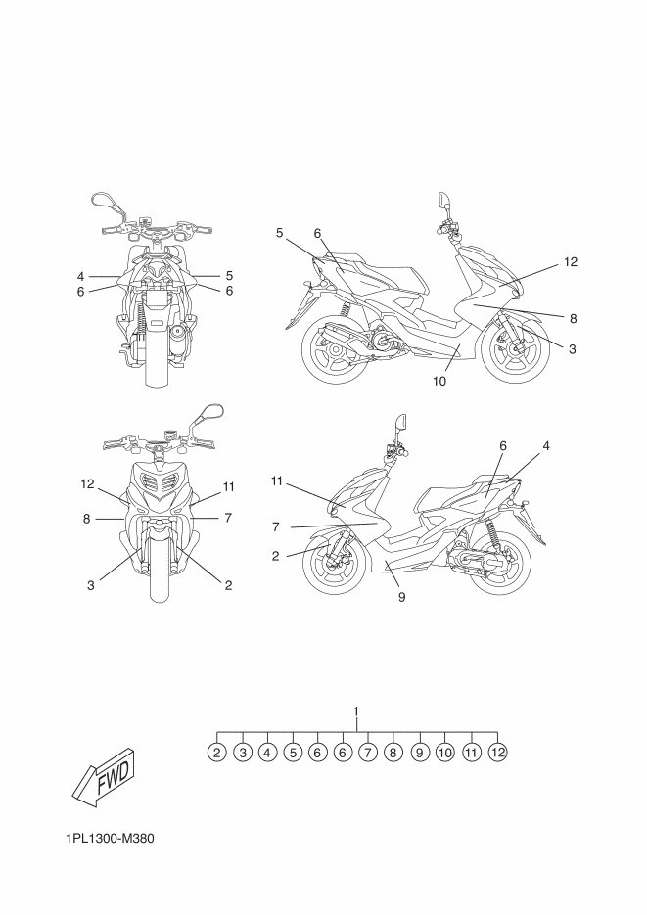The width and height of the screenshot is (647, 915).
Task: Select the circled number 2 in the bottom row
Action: click(217, 753)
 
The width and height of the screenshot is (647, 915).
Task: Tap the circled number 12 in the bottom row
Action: click(498, 753)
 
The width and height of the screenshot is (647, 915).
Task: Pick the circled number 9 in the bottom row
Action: click(419, 753)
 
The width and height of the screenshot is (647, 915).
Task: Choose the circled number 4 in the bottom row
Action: click(267, 753)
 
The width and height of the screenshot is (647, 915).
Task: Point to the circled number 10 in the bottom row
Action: click(444, 753)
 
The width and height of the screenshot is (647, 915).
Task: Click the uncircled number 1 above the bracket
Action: click(357, 711)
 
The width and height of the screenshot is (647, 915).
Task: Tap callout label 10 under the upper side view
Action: click(439, 382)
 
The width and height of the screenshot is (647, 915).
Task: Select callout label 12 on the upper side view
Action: click(572, 262)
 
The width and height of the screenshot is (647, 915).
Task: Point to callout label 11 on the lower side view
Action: click(277, 480)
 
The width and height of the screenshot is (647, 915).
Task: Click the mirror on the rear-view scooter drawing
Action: click(101, 201)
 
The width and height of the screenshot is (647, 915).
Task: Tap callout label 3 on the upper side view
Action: click(572, 346)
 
